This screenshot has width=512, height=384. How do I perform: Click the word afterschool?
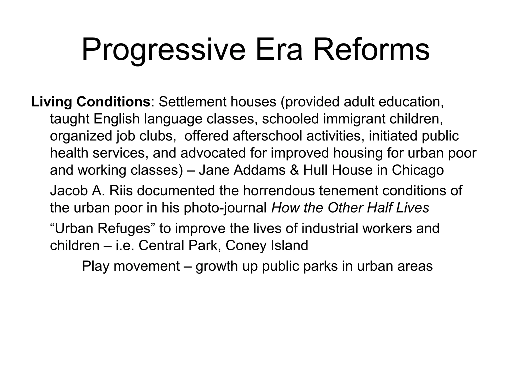(x=267, y=136)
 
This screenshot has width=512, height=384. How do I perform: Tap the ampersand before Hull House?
(x=294, y=170)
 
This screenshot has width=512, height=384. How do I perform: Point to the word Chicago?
(x=418, y=170)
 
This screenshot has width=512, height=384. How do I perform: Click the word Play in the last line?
(x=96, y=266)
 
